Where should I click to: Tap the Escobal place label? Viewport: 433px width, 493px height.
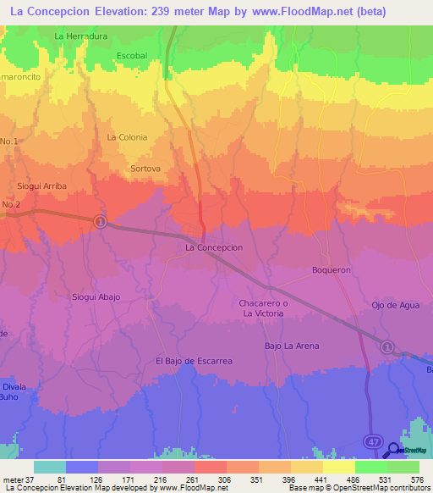[x=132, y=56]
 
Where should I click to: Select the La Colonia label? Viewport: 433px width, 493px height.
[x=127, y=137]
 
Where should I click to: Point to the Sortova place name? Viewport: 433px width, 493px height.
[x=145, y=169]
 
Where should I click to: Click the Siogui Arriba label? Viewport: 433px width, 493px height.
[x=41, y=186]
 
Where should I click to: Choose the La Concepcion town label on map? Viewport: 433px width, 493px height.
[x=214, y=247]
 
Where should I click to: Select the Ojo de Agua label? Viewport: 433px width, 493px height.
[x=396, y=305]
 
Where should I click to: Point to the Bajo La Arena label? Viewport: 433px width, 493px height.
[x=292, y=346]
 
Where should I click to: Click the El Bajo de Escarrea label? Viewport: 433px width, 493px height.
[x=194, y=361]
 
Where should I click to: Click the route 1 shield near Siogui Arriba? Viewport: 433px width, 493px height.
[x=100, y=221]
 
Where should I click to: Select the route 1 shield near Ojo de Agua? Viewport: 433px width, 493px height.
[x=386, y=346]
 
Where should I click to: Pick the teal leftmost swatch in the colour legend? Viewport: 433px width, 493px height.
[x=49, y=467]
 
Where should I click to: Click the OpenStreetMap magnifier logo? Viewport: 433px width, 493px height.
[x=394, y=451]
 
